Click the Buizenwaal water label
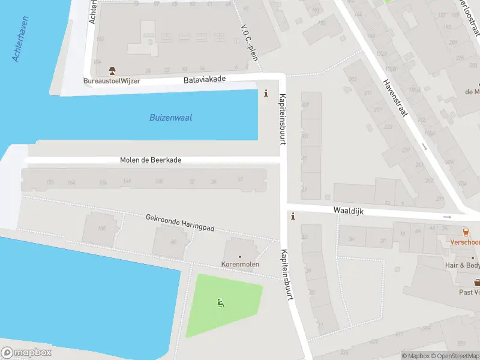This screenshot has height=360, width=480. tap(170, 118)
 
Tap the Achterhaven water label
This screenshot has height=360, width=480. tap(21, 40)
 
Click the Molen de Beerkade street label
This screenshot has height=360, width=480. tap(151, 160)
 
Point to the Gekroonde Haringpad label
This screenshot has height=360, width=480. tap(180, 223)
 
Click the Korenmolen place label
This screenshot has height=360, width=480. tap(240, 265)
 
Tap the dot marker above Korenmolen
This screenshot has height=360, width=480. tap(240, 257)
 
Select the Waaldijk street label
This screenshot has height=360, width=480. tap(349, 211)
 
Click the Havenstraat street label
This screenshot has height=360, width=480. tap(395, 98)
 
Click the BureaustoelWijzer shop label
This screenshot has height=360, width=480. tap(112, 81)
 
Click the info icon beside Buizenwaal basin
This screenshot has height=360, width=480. tap(266, 94)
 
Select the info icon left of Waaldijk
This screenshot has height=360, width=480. tap(293, 217)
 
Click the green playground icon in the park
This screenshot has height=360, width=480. tap(221, 303)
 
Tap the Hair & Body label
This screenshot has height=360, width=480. tap(463, 265)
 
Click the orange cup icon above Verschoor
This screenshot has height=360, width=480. tap(465, 232)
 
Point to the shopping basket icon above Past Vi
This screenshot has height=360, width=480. tap(477, 282)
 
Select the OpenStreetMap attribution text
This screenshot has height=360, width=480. tap(454, 356)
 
